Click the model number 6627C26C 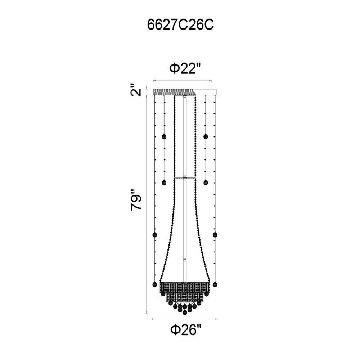point(180,25)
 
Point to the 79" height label point(136,203)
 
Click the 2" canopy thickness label point(136,90)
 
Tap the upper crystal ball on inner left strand point(164,137)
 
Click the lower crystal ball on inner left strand point(164,183)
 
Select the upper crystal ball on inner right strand point(206,137)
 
